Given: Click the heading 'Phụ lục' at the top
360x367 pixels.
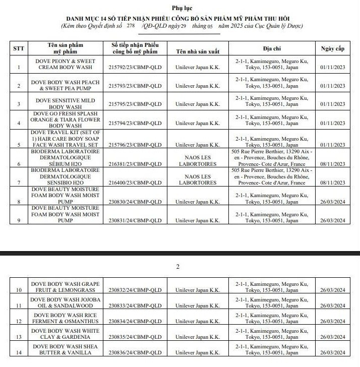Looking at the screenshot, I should point(181,9).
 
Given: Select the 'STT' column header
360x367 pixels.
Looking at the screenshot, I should point(19,48).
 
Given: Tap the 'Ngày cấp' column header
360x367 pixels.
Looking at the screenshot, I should point(332,48).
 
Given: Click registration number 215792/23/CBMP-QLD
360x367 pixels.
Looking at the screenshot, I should point(135,67).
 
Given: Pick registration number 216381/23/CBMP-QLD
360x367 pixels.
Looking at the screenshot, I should point(135,164).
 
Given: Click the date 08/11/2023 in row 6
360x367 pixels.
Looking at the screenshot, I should point(332,164).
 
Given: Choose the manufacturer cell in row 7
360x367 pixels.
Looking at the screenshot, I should point(197,179).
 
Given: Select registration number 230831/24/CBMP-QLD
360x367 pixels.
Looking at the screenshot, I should point(135,220).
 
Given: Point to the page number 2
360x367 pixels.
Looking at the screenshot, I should point(177,267).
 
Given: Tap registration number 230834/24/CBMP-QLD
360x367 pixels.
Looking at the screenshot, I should point(135,321).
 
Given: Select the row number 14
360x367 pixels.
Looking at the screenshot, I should point(19,353).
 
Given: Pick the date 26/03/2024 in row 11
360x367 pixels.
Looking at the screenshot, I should point(332,305).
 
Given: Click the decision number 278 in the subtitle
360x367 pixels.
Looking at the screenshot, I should point(145,24).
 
